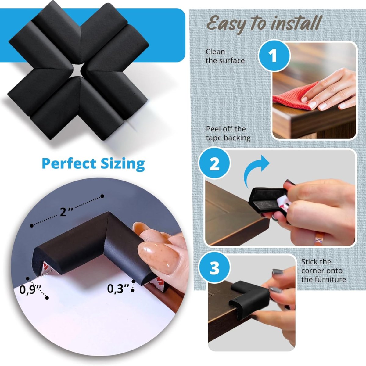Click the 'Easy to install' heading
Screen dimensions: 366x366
264,24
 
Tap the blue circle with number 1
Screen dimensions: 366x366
274,56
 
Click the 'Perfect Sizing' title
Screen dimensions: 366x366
93,163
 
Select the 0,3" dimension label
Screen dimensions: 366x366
118,288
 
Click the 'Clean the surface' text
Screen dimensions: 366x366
225,56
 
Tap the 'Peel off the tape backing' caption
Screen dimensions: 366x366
228,133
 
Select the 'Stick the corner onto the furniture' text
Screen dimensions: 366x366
323,271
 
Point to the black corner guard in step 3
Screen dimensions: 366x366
249,294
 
